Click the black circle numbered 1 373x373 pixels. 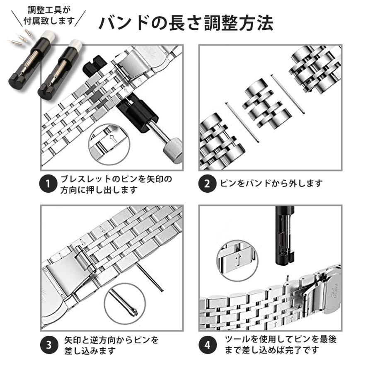(x=48, y=184)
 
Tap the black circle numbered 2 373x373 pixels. (x=207, y=184)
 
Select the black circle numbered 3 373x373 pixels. (x=49, y=345)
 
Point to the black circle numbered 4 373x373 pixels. (x=208, y=345)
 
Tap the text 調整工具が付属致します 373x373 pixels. (x=49, y=16)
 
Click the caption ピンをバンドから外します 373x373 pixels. (x=271, y=184)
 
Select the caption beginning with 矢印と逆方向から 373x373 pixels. (x=111, y=345)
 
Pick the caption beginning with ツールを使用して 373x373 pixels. (x=281, y=344)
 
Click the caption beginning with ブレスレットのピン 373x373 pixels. (x=116, y=184)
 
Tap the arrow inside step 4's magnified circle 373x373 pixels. (x=237, y=259)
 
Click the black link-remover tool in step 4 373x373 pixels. (x=285, y=235)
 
